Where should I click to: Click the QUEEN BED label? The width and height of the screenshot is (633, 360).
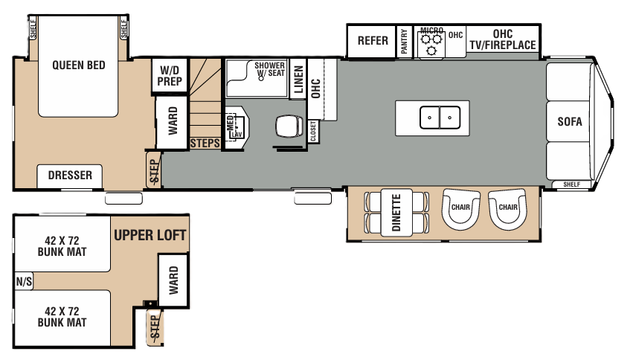point(78,65)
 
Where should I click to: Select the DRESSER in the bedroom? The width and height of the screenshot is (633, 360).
point(70,176)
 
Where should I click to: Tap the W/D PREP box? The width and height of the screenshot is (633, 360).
point(169,76)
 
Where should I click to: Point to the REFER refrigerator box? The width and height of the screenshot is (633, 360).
point(373,40)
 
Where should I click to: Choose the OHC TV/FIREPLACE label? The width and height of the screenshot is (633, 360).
point(503,40)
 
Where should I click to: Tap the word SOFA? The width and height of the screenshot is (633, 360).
point(569,122)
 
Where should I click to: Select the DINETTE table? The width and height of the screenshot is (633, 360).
point(396,213)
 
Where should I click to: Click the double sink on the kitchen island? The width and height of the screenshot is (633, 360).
point(440,117)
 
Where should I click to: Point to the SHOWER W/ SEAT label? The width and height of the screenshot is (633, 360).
point(269,68)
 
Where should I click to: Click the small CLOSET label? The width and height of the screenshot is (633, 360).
point(313,131)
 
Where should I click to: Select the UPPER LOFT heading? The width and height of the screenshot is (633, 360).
point(150,236)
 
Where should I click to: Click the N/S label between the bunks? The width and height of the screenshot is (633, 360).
point(22,281)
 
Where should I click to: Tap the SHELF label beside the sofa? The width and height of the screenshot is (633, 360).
point(571,184)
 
